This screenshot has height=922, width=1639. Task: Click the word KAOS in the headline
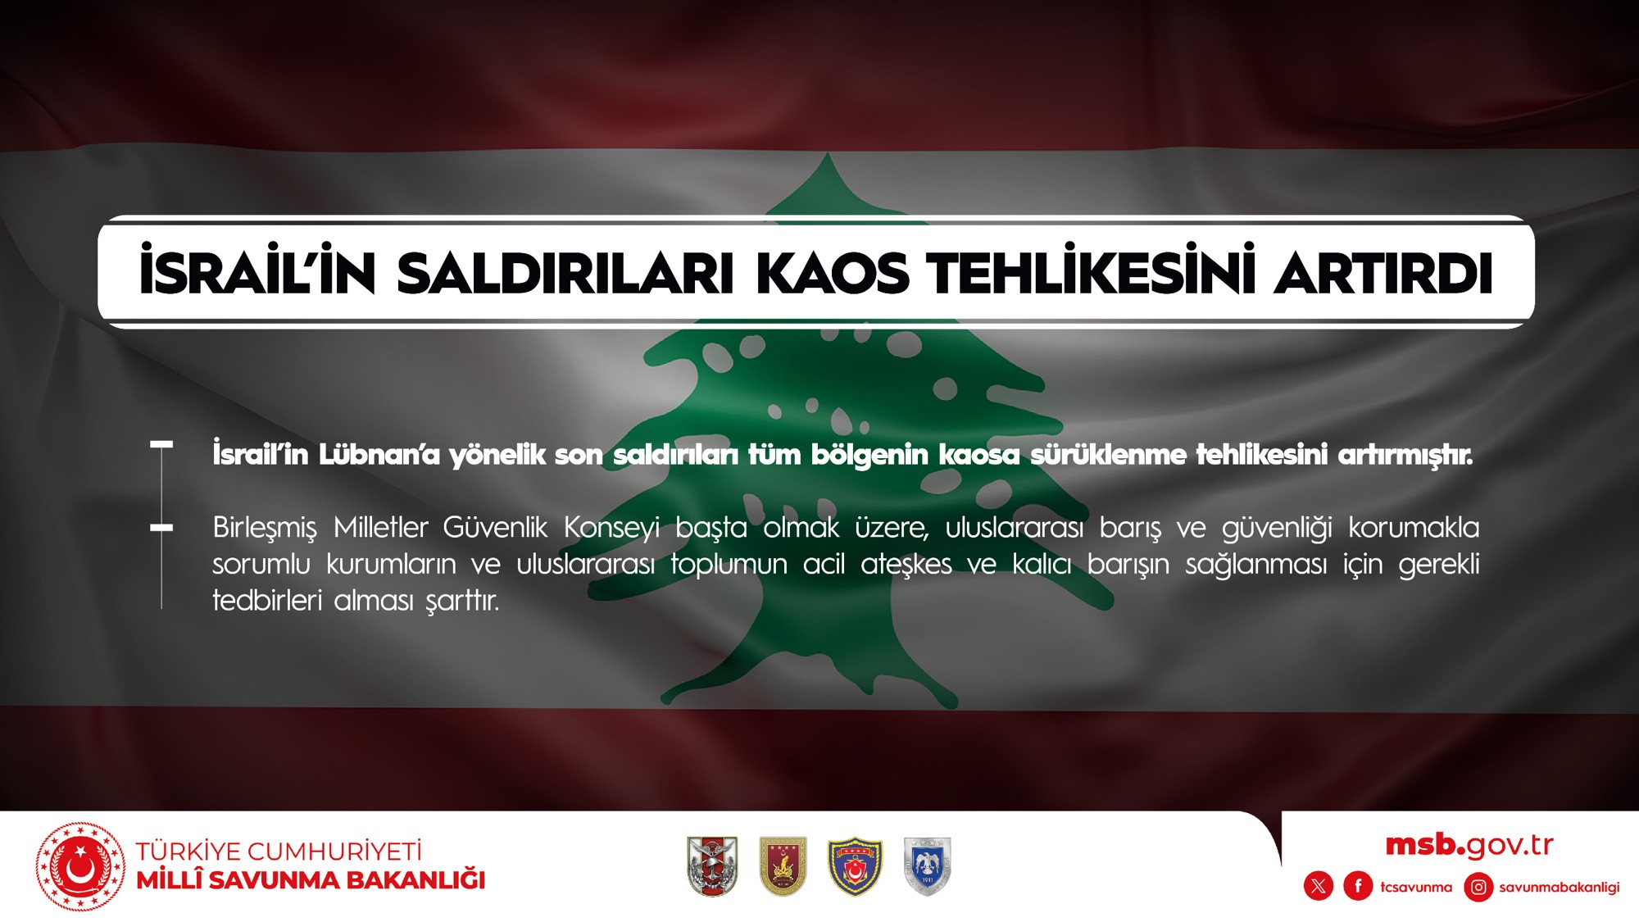click(x=832, y=273)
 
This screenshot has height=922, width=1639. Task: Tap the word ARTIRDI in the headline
click(x=1383, y=273)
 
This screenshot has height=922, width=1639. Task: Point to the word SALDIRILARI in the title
click(x=565, y=273)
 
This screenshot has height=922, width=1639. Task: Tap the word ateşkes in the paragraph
click(x=906, y=564)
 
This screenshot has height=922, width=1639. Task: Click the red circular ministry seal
click(x=80, y=867)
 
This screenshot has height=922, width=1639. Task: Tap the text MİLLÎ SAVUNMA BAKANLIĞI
click(x=311, y=880)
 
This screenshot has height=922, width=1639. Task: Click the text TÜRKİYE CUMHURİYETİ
click(x=279, y=852)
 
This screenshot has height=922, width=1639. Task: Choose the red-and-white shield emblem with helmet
click(x=712, y=866)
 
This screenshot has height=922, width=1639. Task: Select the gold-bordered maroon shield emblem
click(x=783, y=866)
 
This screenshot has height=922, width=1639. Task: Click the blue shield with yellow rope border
click(x=855, y=866)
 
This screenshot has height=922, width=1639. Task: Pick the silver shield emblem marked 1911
click(x=927, y=866)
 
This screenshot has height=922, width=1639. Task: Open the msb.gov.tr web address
click(x=1469, y=845)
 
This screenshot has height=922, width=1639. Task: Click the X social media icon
click(x=1319, y=886)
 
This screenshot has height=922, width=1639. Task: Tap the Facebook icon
click(x=1358, y=886)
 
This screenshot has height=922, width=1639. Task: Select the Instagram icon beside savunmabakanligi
click(x=1478, y=887)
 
